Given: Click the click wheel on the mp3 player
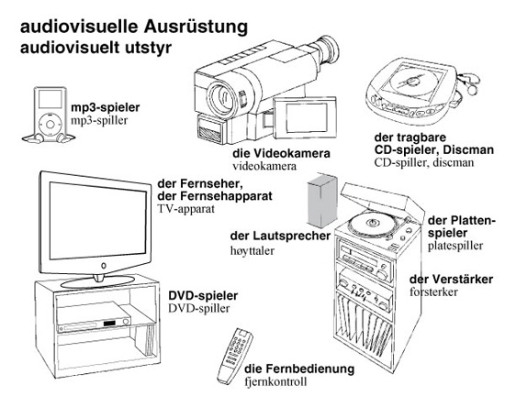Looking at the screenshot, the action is [50, 124].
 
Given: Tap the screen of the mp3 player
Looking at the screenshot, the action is [50, 99].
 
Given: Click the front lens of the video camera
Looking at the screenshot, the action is [221, 97].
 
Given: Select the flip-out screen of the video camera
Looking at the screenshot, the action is [305, 117].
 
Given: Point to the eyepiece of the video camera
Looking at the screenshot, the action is [327, 51].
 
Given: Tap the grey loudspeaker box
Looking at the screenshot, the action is [322, 201].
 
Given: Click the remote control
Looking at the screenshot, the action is [234, 355].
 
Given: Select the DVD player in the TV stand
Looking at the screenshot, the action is [94, 317].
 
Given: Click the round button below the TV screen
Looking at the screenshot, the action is [104, 266].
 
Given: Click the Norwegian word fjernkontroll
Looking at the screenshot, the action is [275, 382].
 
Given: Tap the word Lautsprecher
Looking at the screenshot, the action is [292, 236].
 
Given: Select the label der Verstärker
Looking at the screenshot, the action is [451, 279].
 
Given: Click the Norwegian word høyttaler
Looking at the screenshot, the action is [252, 250].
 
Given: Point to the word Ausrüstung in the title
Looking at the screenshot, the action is [196, 27].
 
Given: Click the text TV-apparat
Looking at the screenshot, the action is [185, 209].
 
